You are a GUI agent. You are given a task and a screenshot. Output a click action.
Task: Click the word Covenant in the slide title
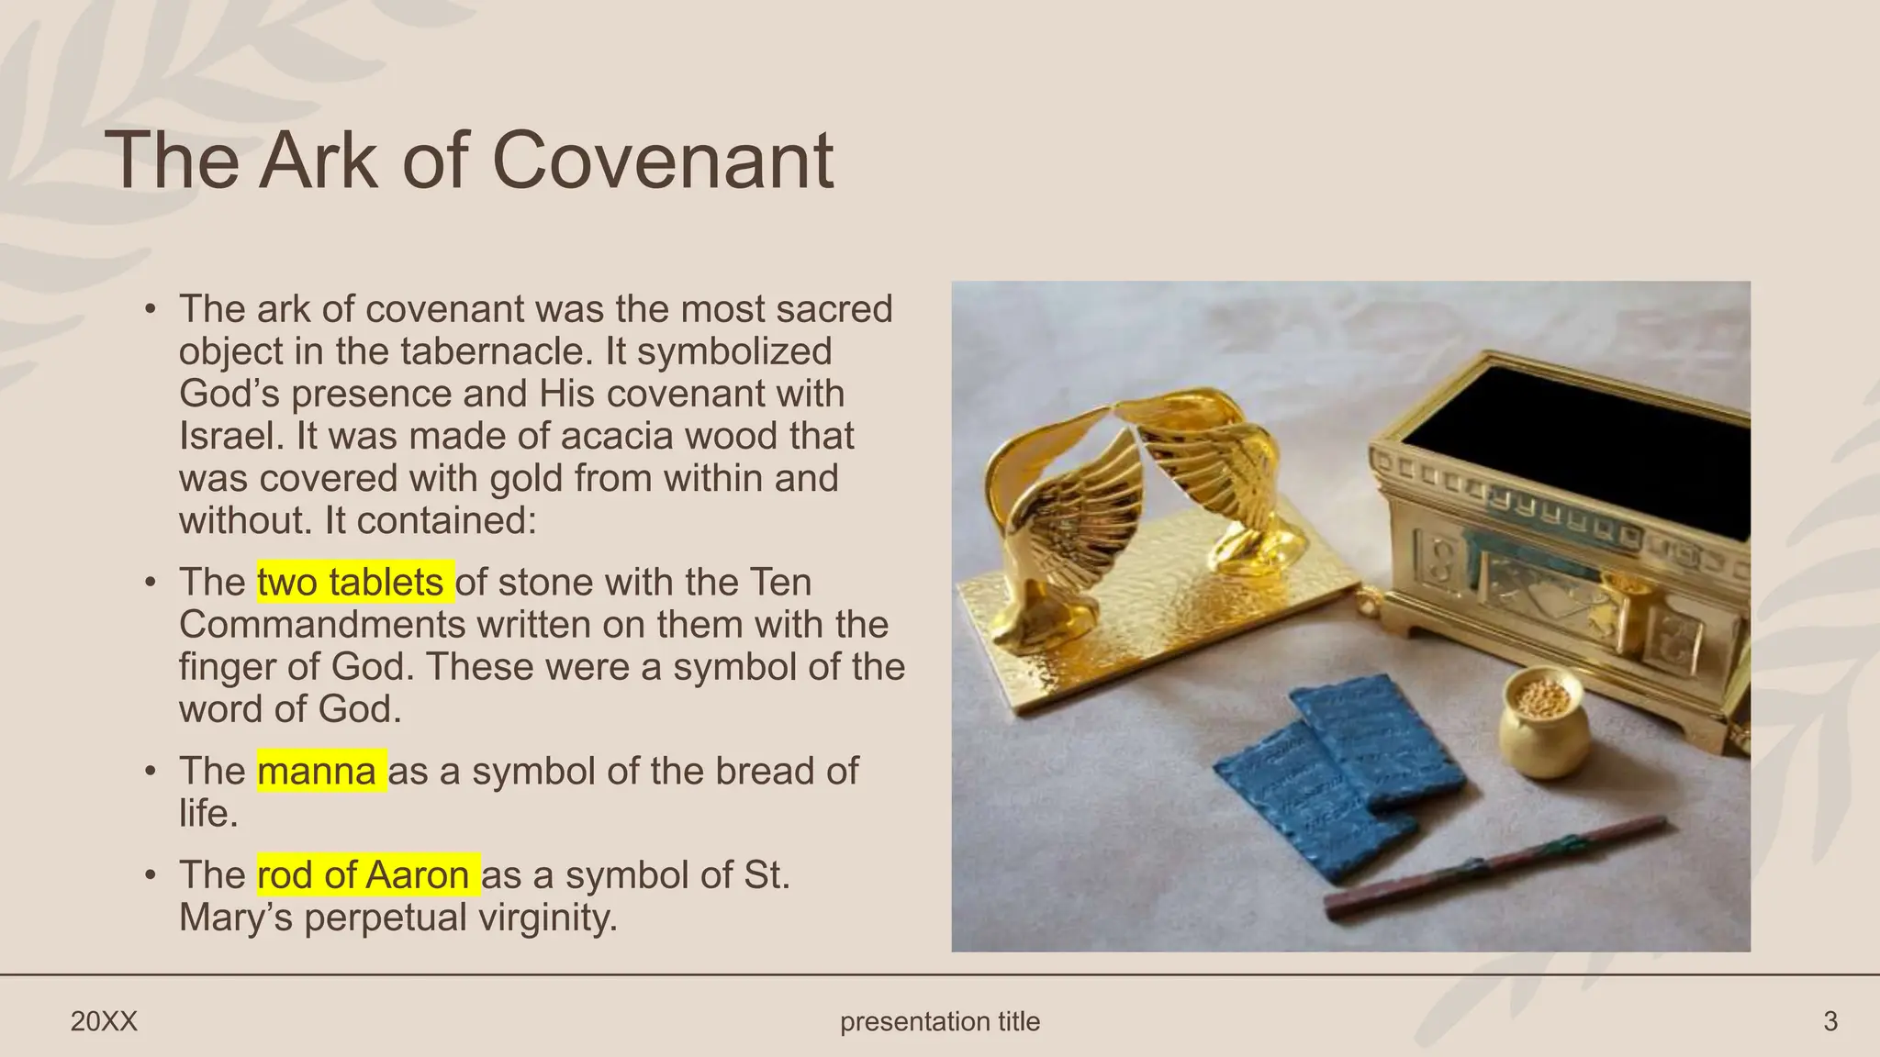click(663, 161)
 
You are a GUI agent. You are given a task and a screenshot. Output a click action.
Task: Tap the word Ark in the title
click(318, 161)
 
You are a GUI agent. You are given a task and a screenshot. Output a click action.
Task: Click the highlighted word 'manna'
click(317, 771)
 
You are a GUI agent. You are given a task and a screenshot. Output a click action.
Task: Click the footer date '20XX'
click(104, 1021)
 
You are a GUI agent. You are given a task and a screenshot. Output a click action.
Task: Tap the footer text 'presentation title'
click(940, 1021)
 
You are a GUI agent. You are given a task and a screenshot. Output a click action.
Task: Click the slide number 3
click(1830, 1021)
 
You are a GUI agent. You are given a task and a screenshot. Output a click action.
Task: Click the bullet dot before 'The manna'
click(150, 772)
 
